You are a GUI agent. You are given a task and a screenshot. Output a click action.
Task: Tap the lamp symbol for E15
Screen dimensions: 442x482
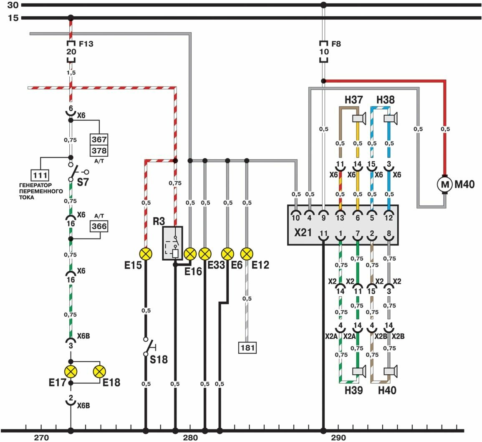[146, 254]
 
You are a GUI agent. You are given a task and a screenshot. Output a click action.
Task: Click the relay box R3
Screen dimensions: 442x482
[173, 244]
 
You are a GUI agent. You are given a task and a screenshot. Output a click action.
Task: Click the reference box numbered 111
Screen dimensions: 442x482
[40, 175]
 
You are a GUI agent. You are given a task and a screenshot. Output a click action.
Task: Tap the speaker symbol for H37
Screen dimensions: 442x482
[359, 119]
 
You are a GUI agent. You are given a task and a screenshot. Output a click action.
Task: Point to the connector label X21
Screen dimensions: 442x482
[303, 232]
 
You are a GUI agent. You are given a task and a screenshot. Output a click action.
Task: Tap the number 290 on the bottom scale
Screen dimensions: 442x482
[338, 438]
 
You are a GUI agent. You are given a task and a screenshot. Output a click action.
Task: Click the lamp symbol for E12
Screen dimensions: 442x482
[247, 254]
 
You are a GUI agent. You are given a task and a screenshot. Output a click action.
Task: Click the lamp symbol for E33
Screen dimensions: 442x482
[204, 254]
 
